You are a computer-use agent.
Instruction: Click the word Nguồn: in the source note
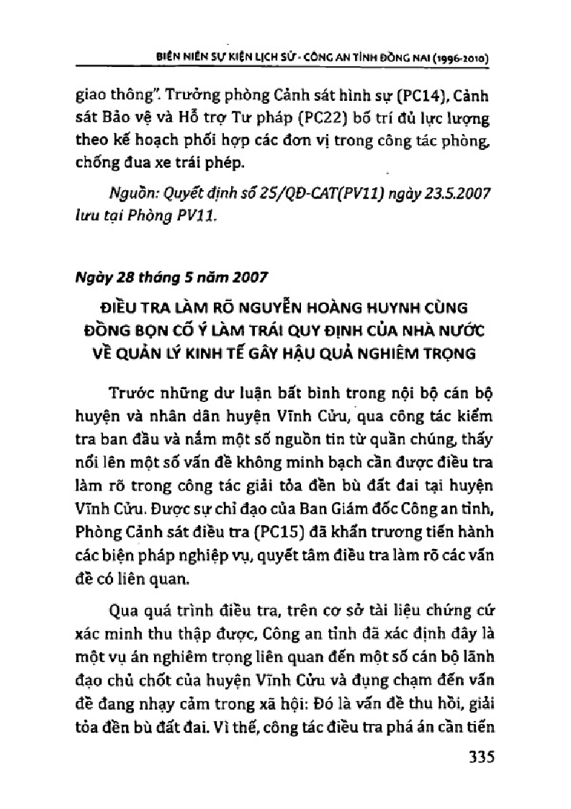(x=130, y=195)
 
